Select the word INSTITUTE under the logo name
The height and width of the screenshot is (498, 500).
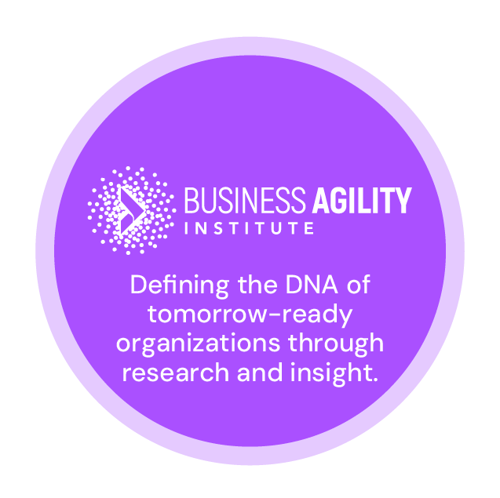click(x=248, y=230)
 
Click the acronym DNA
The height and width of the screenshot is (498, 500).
click(x=308, y=285)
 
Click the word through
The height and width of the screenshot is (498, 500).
click(x=340, y=344)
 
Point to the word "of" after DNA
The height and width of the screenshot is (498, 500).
click(x=358, y=285)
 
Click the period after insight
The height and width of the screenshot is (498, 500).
click(x=374, y=380)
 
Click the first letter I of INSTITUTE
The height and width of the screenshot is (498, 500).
click(x=187, y=230)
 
